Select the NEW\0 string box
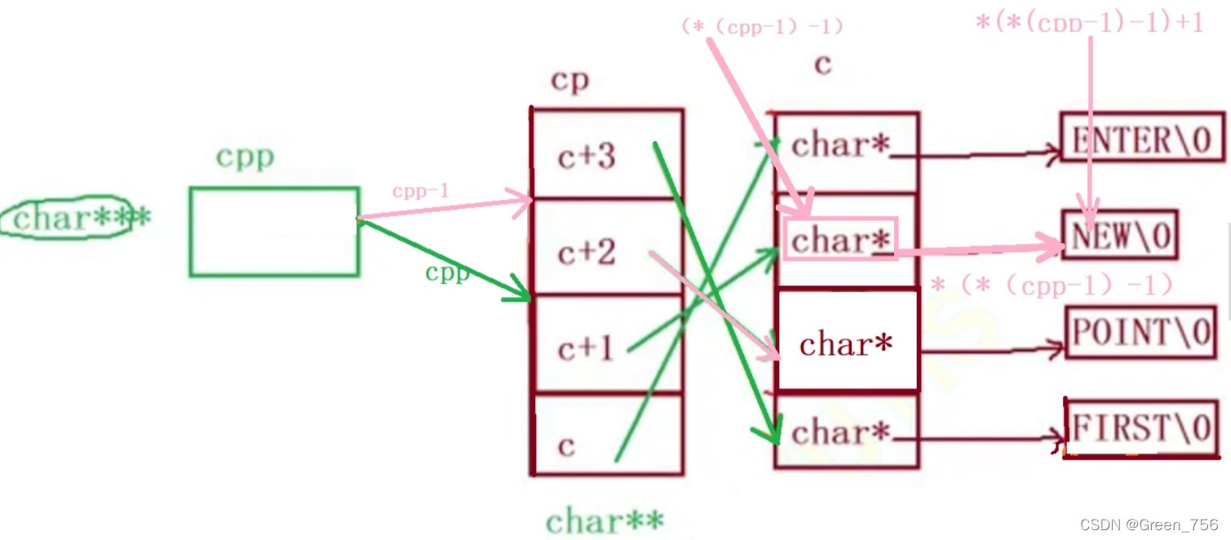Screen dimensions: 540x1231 (x=1120, y=236)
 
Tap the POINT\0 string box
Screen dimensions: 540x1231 (x=1141, y=332)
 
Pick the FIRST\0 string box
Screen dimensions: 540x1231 (x=1142, y=428)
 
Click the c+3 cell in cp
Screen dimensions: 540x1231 (x=587, y=155)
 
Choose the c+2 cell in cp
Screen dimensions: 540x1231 (x=587, y=252)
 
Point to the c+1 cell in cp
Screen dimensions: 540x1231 (x=585, y=348)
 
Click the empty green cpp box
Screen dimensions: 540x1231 (x=274, y=232)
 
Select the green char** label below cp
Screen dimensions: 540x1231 (x=604, y=520)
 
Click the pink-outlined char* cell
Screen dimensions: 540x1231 (x=840, y=239)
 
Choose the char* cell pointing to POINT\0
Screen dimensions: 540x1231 (x=846, y=344)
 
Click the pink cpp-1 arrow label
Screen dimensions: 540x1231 (x=420, y=192)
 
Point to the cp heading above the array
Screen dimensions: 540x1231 (x=570, y=81)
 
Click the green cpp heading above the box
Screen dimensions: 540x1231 (x=245, y=157)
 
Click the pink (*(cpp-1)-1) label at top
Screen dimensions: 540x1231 (x=761, y=26)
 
